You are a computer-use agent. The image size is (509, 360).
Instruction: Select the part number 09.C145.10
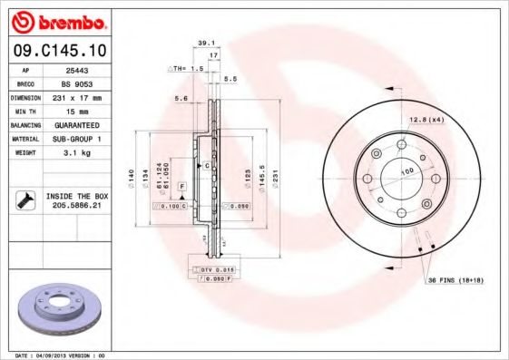tap(57, 51)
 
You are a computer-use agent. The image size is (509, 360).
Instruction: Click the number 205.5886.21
tap(75, 206)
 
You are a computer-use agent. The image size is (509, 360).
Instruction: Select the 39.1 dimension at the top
tap(205, 43)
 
